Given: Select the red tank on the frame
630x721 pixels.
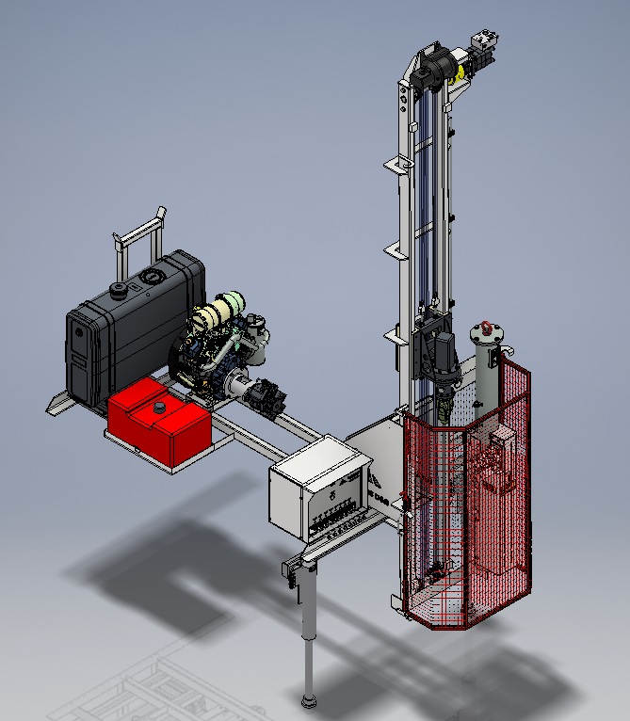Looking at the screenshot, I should [x=158, y=424].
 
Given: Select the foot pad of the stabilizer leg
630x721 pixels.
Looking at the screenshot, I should [x=307, y=700].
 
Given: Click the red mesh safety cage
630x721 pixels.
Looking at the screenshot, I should [x=461, y=527].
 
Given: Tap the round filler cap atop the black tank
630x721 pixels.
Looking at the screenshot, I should [x=120, y=288].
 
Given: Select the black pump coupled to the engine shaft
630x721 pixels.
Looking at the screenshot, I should [x=266, y=396].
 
